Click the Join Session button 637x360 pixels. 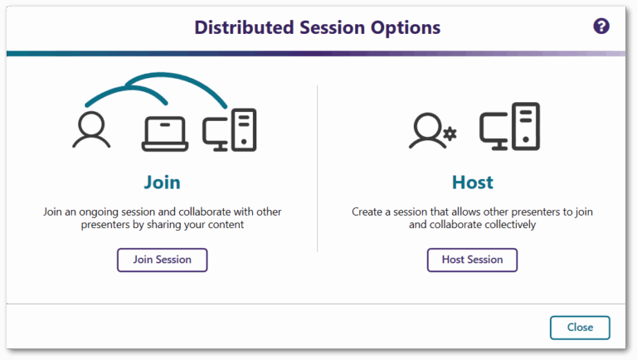click(x=162, y=260)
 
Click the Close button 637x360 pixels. click(x=580, y=328)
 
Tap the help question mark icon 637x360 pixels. click(x=601, y=27)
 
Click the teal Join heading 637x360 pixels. click(x=162, y=182)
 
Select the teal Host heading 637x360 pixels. click(x=472, y=182)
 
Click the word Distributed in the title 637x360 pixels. click(x=237, y=27)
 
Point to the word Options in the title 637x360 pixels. click(x=406, y=27)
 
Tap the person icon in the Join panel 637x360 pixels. click(x=90, y=131)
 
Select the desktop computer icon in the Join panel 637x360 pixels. click(x=230, y=131)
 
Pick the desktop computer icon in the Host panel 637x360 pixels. click(x=509, y=127)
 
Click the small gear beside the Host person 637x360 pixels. click(x=450, y=134)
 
